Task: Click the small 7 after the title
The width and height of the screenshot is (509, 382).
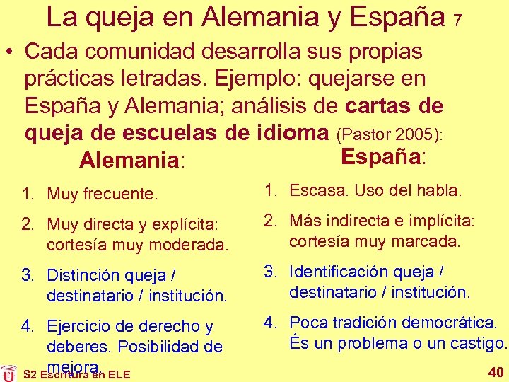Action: pyautogui.click(x=458, y=21)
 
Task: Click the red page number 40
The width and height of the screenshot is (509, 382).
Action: pyautogui.click(x=494, y=372)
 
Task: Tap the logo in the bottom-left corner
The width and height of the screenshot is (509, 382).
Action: pyautogui.click(x=8, y=373)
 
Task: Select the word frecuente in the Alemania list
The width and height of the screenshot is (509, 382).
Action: pyautogui.click(x=121, y=194)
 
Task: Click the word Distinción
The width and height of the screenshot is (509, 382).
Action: pyautogui.click(x=83, y=276)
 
